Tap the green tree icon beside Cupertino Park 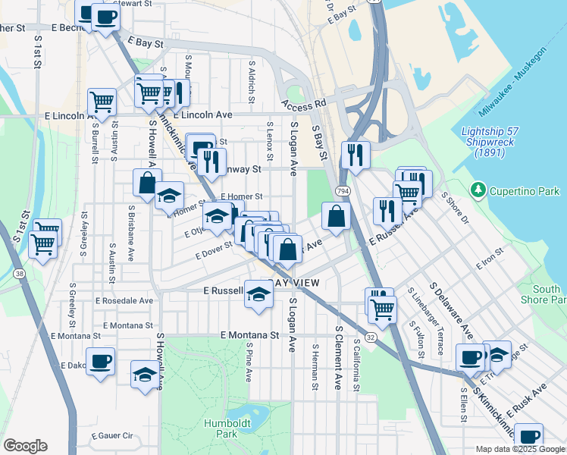(478, 188)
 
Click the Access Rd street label (303, 104)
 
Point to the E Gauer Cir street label (111, 436)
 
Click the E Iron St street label (489, 259)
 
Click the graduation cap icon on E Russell (258, 293)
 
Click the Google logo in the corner (25, 446)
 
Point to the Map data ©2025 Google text (520, 449)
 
